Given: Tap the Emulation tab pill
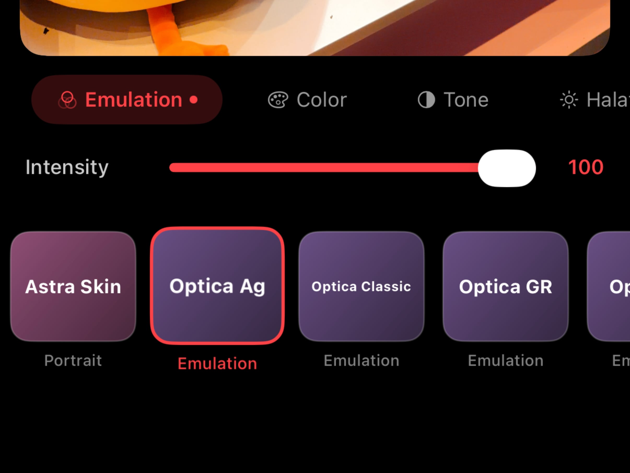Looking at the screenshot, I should pyautogui.click(x=127, y=100).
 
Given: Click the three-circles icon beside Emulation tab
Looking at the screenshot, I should pyautogui.click(x=67, y=100).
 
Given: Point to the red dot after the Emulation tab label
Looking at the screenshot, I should pyautogui.click(x=194, y=100).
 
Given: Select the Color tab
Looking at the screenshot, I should pyautogui.click(x=322, y=100).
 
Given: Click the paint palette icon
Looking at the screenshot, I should pyautogui.click(x=278, y=100).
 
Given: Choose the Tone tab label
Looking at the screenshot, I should pyautogui.click(x=466, y=100).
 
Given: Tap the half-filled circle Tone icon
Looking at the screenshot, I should pyautogui.click(x=426, y=100).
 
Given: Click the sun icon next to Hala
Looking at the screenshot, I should pyautogui.click(x=569, y=100).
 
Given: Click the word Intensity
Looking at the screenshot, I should pyautogui.click(x=67, y=167).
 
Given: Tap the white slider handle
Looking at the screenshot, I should pyautogui.click(x=507, y=168).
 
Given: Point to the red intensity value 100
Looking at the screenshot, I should pyautogui.click(x=586, y=167).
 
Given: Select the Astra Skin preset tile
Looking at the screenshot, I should pyautogui.click(x=73, y=286).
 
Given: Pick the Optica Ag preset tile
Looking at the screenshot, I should pyautogui.click(x=217, y=286).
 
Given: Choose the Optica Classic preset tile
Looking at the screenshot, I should pyautogui.click(x=361, y=286).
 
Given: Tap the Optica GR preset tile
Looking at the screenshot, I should pyautogui.click(x=505, y=286).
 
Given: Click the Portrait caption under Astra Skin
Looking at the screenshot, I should pyautogui.click(x=73, y=360).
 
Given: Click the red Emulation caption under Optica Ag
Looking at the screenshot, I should pyautogui.click(x=217, y=363).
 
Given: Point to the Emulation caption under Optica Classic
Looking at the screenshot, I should pyautogui.click(x=361, y=360).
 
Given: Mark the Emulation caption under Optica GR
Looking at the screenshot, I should pyautogui.click(x=505, y=360).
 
